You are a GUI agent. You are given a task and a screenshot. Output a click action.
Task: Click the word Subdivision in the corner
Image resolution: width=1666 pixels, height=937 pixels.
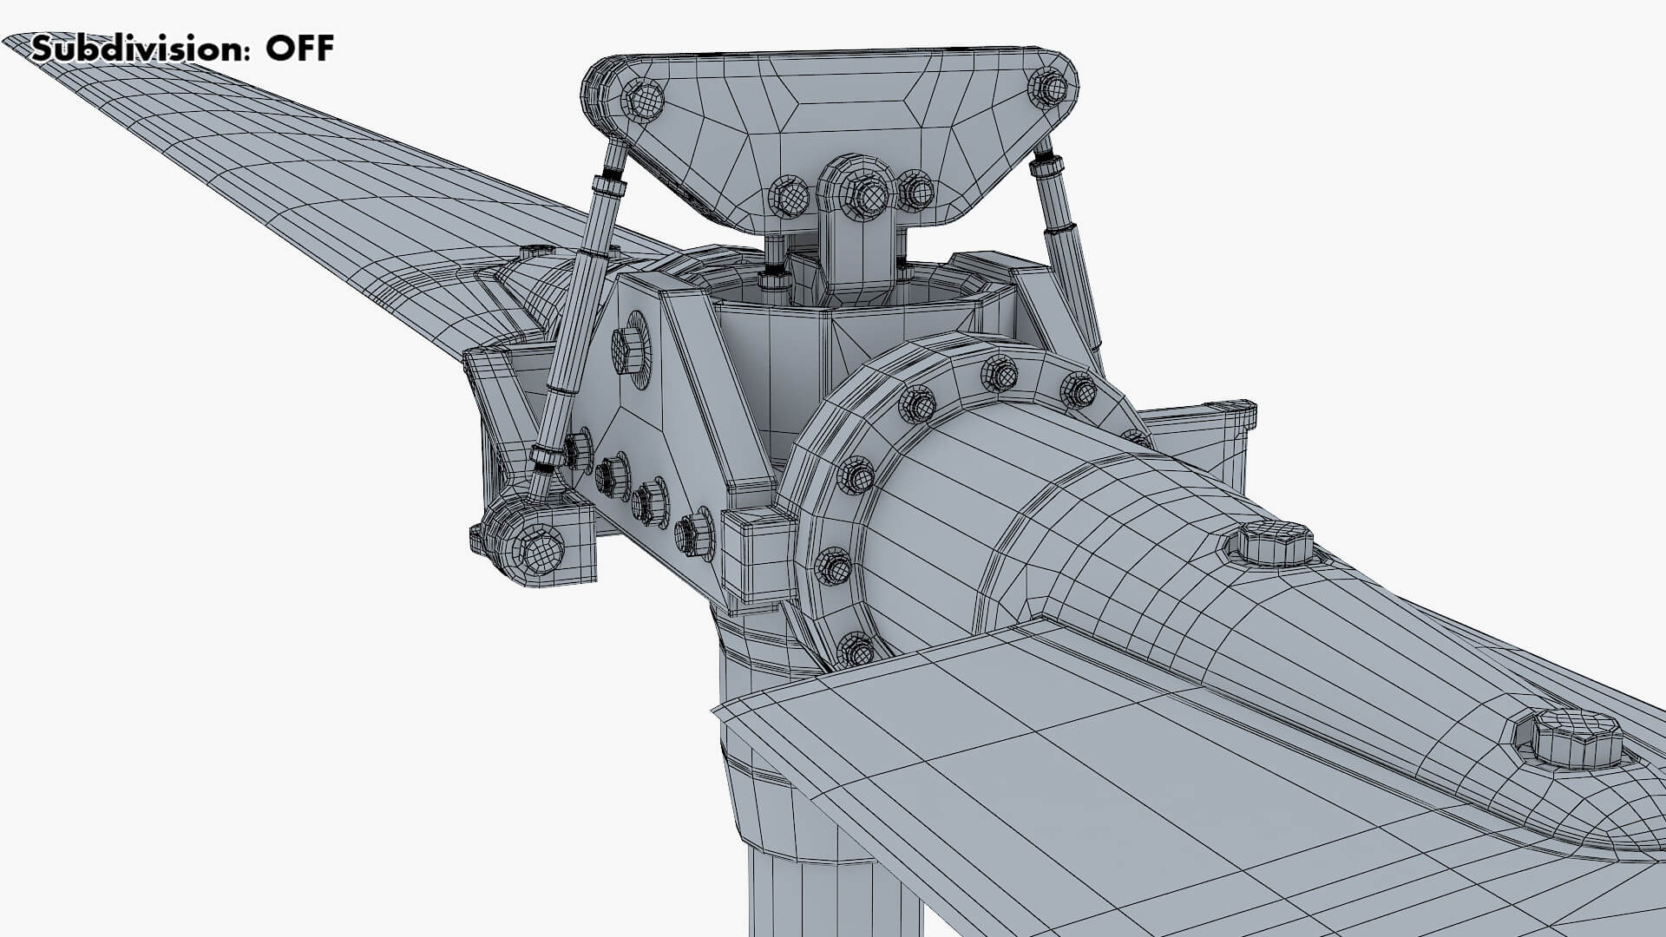click(134, 49)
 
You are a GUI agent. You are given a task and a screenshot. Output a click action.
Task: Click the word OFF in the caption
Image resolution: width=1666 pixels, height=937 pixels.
click(299, 49)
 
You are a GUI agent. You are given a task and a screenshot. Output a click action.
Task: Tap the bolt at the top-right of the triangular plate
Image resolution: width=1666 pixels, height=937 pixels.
click(1048, 87)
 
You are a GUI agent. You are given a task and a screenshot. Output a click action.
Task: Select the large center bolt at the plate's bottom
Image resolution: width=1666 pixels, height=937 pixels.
click(860, 193)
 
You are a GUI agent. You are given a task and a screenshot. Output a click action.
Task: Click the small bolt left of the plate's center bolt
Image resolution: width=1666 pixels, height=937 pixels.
click(788, 197)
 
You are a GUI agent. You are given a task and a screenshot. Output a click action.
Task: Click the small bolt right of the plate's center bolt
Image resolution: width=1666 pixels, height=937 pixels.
click(915, 189)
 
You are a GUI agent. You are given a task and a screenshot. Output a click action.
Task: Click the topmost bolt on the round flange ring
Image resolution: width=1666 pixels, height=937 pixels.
click(999, 374)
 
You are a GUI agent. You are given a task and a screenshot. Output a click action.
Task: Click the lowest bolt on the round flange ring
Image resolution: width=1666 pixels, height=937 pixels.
click(856, 649)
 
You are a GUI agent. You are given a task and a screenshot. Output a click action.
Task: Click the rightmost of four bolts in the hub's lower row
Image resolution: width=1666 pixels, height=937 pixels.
click(696, 532)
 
